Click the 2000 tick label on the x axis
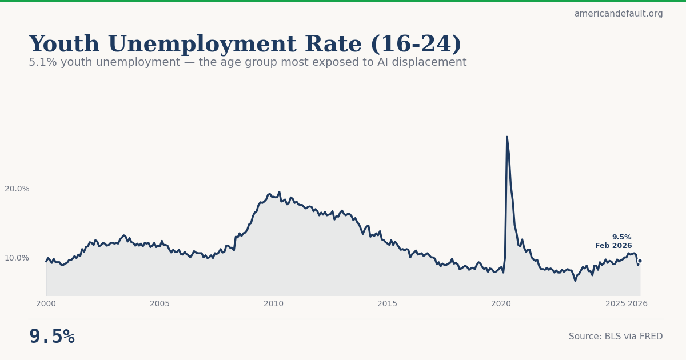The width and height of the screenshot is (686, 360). point(46,304)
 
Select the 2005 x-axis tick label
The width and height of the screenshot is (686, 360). point(159,304)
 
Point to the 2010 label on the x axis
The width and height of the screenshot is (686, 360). point(273,304)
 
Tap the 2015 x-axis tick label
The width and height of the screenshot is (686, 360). point(387,304)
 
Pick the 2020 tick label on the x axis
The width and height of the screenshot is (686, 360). point(501,304)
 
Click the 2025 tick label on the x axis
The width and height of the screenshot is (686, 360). point(615,304)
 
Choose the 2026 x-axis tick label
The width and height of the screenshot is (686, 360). point(637,304)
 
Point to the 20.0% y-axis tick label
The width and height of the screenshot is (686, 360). point(17,189)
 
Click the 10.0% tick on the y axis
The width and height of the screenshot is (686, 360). point(17,258)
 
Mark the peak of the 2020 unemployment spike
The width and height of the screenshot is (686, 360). point(506,137)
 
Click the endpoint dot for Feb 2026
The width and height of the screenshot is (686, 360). point(640,261)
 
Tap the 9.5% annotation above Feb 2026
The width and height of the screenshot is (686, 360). point(621,237)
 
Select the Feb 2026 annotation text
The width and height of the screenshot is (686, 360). point(613,246)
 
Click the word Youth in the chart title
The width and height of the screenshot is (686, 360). point(64,45)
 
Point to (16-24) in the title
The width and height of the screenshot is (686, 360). point(416,45)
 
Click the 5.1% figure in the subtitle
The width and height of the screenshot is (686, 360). point(40,62)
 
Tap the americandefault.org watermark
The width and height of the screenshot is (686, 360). point(619,14)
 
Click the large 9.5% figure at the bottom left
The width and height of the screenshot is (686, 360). point(51,337)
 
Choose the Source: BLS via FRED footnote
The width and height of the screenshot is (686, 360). point(616,337)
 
